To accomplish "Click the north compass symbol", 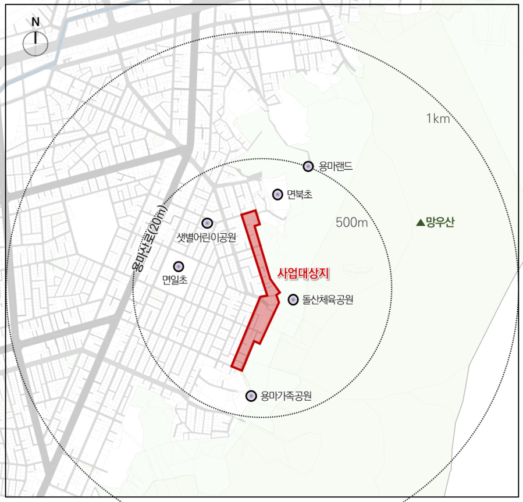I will pyautogui.click(x=35, y=44).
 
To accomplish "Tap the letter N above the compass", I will pyautogui.click(x=35, y=23).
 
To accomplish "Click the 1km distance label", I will pyautogui.click(x=438, y=119).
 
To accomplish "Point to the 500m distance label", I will pyautogui.click(x=353, y=222).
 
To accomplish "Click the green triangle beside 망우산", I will pyautogui.click(x=420, y=222).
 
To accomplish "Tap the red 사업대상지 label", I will pyautogui.click(x=304, y=272).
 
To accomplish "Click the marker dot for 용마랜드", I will pyautogui.click(x=308, y=167).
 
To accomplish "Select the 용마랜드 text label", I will pyautogui.click(x=336, y=167).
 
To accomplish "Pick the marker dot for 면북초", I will pyautogui.click(x=277, y=194).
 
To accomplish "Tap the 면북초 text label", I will pyautogui.click(x=300, y=194).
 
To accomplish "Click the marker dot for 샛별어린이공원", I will pyautogui.click(x=207, y=223).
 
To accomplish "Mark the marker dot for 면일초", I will pyautogui.click(x=179, y=266).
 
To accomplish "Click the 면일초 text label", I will pyautogui.click(x=175, y=280).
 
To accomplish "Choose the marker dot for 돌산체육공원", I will pyautogui.click(x=293, y=300).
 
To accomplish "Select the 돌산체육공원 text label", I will pyautogui.click(x=328, y=300).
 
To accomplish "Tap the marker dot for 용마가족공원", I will pyautogui.click(x=251, y=396).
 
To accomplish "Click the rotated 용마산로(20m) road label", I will pyautogui.click(x=150, y=238).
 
